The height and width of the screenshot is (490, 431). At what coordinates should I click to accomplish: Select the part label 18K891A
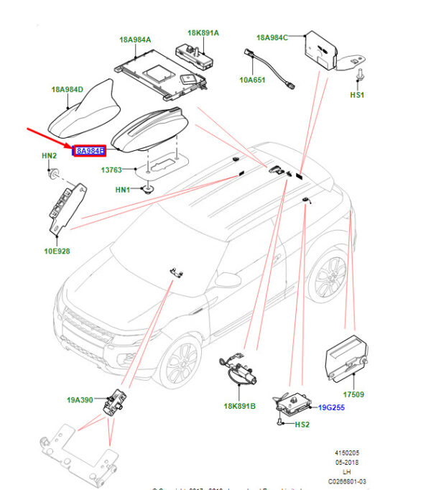pyautogui.click(x=203, y=32)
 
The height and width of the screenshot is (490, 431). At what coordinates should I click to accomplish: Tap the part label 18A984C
pyautogui.click(x=272, y=36)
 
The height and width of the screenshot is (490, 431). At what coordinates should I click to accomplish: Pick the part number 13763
pyautogui.click(x=111, y=170)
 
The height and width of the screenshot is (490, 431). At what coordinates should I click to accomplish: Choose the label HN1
pyautogui.click(x=123, y=190)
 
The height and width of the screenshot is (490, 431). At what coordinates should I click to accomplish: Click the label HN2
pyautogui.click(x=48, y=155)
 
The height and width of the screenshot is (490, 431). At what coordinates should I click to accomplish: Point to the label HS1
pyautogui.click(x=358, y=94)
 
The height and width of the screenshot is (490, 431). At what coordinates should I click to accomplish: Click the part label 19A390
pyautogui.click(x=80, y=401)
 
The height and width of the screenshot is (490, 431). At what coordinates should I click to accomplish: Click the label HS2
pyautogui.click(x=302, y=425)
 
